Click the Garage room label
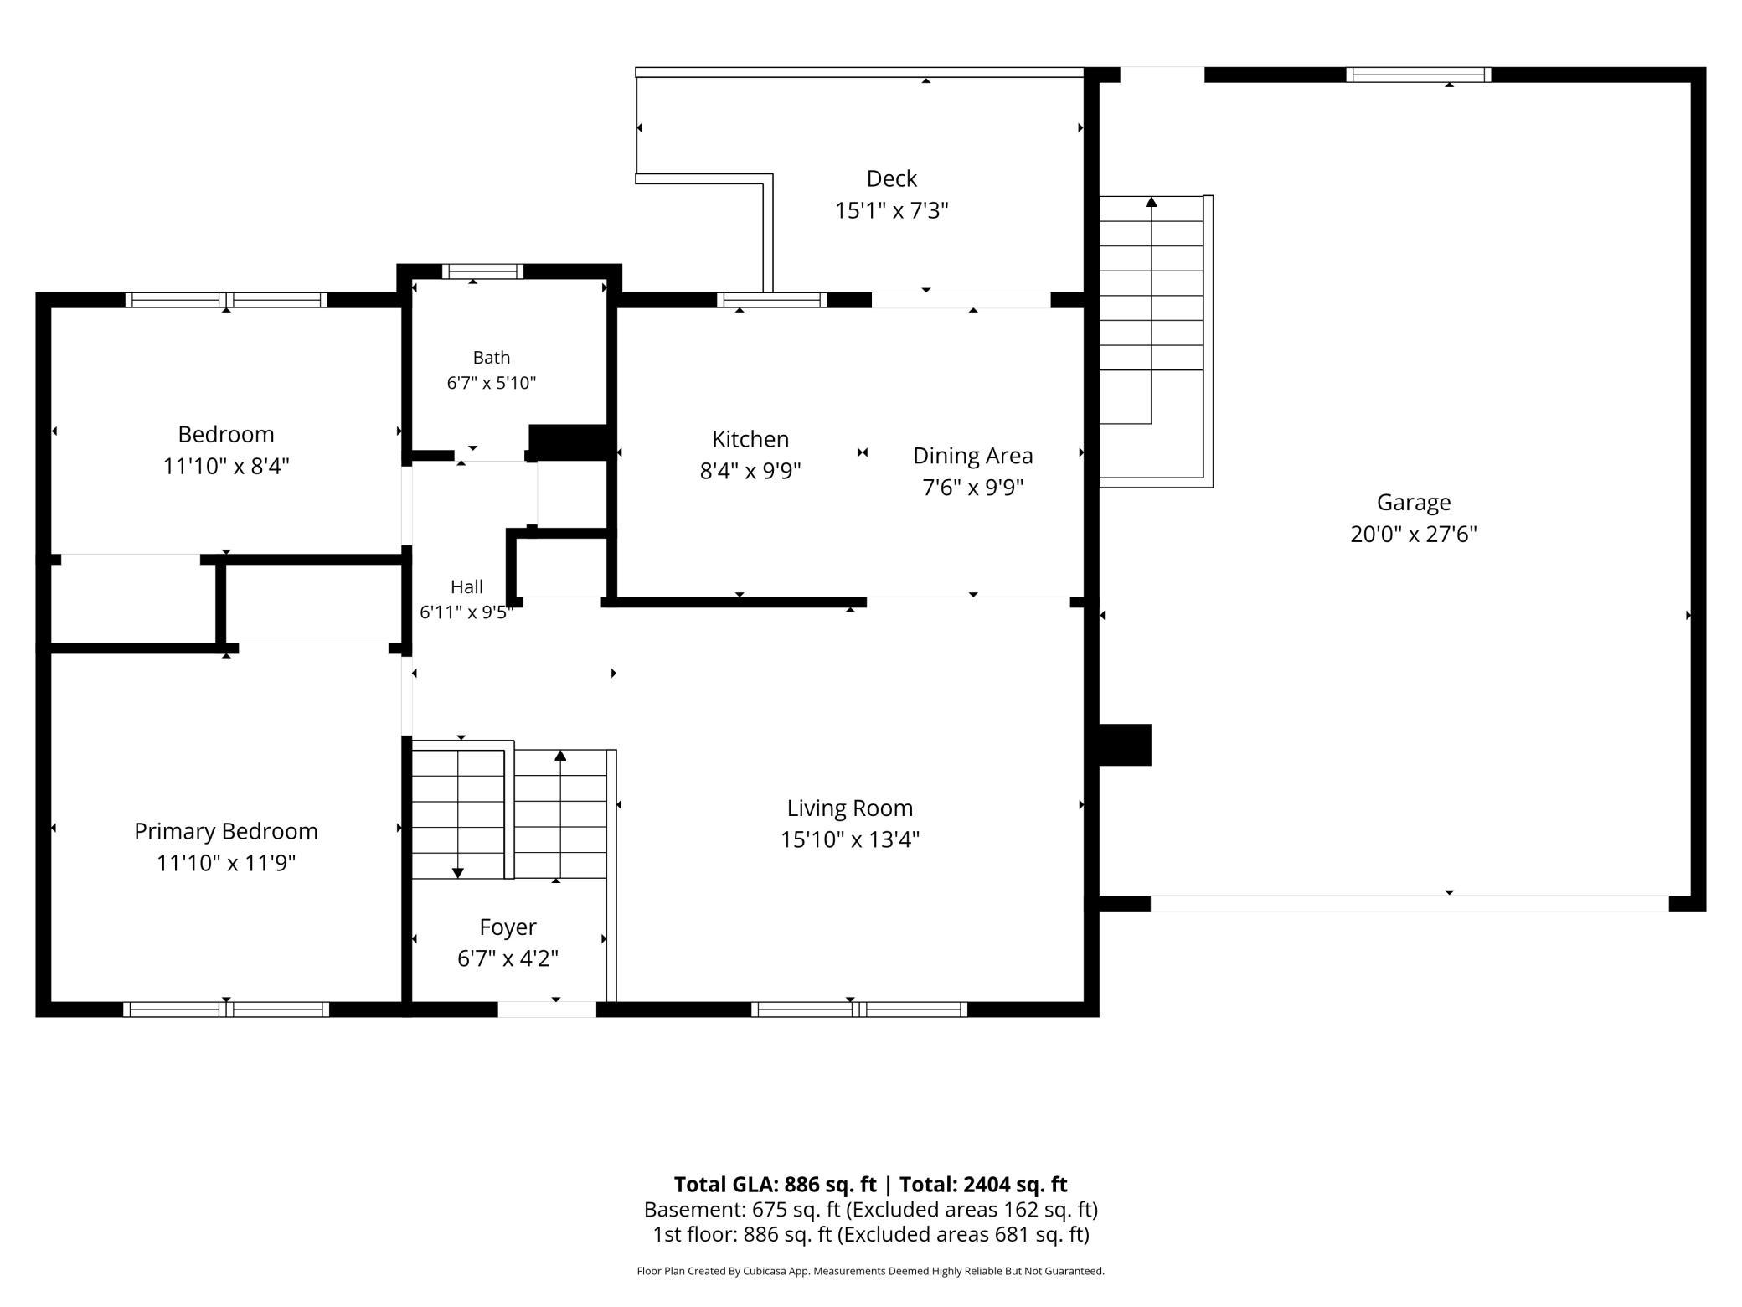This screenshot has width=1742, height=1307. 1414,503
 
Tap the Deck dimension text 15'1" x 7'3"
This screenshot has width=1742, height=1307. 891,210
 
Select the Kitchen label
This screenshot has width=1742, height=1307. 750,439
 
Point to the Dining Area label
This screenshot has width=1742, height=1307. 972,456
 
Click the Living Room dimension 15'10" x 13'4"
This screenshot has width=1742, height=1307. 850,839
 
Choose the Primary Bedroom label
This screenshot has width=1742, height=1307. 226,831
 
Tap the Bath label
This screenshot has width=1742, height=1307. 492,358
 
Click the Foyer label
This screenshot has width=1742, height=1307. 508,927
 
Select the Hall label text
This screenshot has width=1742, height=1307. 466,586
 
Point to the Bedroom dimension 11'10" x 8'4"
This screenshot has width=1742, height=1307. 226,466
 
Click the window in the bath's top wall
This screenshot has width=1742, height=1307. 482,271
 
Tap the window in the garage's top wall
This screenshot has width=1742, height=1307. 1419,75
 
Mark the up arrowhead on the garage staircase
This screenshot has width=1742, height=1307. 1152,202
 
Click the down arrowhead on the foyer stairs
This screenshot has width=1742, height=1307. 458,873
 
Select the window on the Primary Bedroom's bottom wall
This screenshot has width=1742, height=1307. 226,1010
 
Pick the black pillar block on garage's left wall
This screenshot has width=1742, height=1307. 1125,745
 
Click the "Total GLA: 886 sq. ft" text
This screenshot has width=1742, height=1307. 775,1185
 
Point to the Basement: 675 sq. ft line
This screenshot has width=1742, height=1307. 871,1210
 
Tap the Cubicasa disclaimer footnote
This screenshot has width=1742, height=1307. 871,1271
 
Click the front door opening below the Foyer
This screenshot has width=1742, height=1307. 547,1010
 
